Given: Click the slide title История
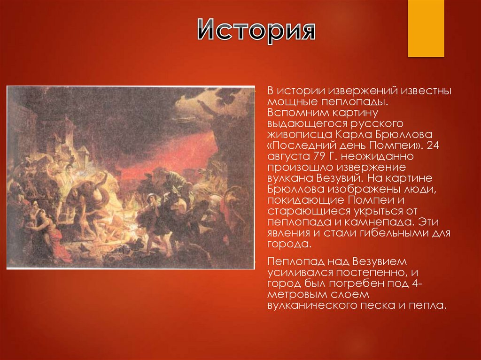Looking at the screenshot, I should (256, 31).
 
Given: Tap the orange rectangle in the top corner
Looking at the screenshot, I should (426, 28).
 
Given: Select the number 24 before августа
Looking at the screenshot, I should (434, 146).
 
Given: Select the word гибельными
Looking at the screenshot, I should (378, 233).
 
